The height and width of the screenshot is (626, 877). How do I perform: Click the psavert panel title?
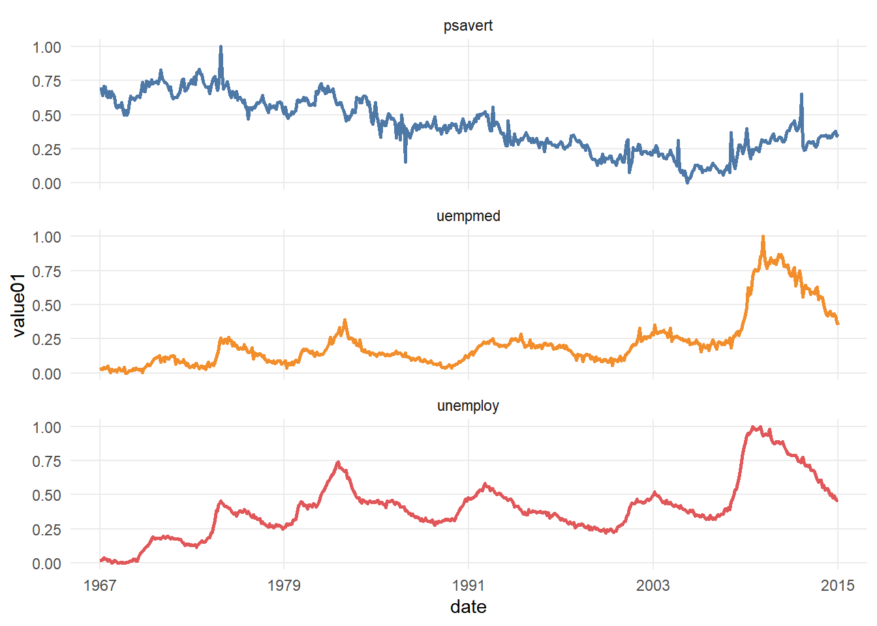coord(468,26)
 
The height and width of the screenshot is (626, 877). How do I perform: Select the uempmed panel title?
coord(468,216)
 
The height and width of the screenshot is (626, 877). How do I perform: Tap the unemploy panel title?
coord(468,406)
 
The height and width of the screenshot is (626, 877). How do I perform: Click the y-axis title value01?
coord(18,305)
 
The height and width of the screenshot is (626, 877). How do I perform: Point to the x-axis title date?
coord(468,607)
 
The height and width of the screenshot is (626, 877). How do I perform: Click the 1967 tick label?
coord(100,585)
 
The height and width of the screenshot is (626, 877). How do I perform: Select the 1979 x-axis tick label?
coord(284,585)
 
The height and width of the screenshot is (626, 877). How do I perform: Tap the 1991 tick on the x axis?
coord(468,585)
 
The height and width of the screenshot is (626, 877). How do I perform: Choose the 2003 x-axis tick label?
coord(653,585)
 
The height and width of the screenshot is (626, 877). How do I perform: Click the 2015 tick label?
coord(837,585)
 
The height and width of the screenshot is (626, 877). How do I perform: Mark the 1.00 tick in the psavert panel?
coord(46,47)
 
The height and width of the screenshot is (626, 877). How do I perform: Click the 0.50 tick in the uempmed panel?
coord(46,305)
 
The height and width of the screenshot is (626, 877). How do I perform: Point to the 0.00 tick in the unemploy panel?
coord(46,563)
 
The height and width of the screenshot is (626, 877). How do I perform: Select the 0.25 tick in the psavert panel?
coord(46,149)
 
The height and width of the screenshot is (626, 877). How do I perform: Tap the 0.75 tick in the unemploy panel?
coord(46,461)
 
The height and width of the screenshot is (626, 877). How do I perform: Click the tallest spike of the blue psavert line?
coord(221,47)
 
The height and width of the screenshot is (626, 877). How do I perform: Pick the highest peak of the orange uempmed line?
coord(763,237)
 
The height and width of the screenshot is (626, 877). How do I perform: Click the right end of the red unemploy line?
coord(837,500)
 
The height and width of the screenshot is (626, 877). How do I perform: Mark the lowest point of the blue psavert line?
coord(687,183)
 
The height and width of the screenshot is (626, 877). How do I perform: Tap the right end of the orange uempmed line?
coord(838,323)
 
